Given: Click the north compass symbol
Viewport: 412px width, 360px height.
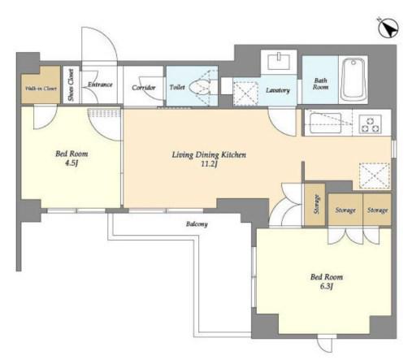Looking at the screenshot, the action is point(388,28).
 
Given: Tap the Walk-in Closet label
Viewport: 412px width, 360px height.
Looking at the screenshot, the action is point(41,89).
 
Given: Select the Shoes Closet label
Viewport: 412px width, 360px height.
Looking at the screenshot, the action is point(71,85).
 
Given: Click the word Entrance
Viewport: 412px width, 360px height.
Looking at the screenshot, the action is point(100,85).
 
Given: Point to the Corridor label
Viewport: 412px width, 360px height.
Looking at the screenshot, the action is point(144,88).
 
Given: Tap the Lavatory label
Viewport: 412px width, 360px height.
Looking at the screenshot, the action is point(278,90).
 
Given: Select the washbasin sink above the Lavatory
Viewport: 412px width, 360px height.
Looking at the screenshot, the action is point(279,62).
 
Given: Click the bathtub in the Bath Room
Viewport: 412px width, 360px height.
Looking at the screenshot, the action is point(353,80).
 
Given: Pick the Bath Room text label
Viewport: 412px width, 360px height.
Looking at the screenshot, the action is point(321,84).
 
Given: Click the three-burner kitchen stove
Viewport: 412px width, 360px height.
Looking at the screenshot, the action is point(370,124).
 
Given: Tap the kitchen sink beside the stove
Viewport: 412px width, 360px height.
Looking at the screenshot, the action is point(325,123).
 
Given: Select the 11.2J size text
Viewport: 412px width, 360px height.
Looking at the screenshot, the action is point(209,164).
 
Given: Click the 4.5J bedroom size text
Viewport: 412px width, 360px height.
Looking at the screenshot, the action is point(72,163).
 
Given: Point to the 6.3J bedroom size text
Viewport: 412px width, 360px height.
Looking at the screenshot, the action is point(327,286).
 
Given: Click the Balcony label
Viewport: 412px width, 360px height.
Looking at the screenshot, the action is point(197,224).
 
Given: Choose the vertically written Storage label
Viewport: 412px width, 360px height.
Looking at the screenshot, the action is point(316,204).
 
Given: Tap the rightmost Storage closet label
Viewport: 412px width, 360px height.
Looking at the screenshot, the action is point(377,210).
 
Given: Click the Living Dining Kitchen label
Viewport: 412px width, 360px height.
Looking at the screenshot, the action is point(209,154).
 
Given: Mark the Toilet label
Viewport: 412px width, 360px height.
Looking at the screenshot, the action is point(177,87).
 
